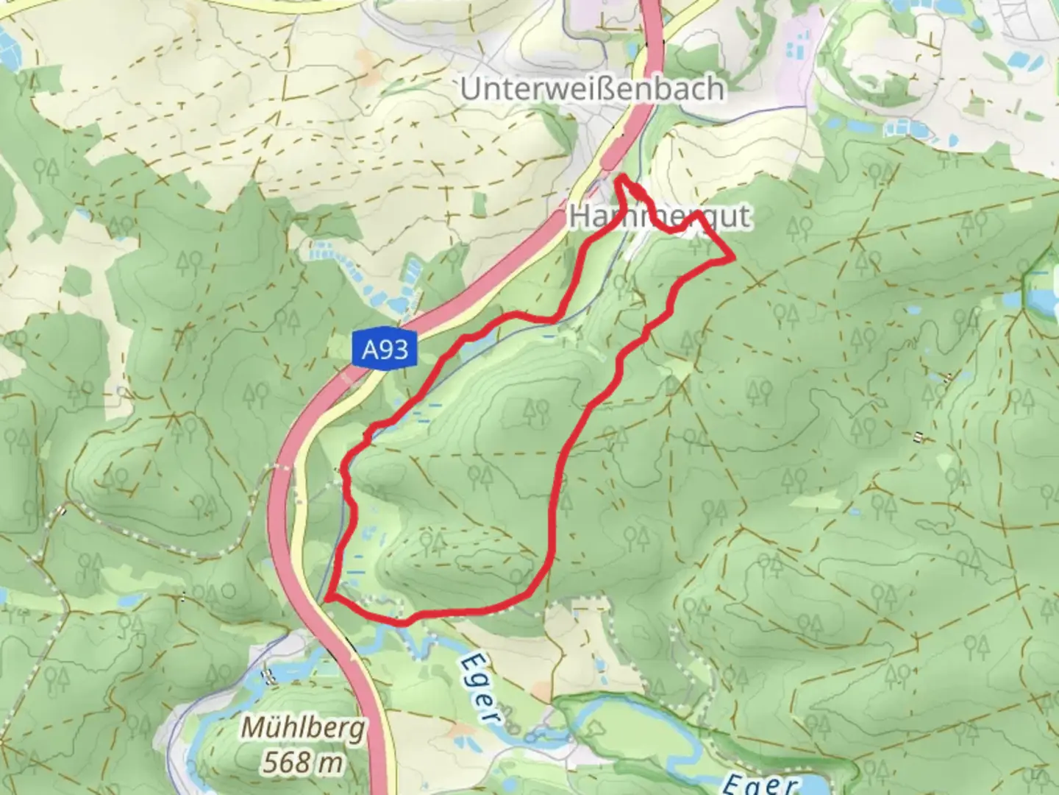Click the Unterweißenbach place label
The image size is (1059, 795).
pos(592,88)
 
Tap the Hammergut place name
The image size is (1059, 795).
pos(659,216)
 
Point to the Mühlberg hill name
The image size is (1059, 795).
pos(303,729)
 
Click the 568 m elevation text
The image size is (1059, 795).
pos(302,762)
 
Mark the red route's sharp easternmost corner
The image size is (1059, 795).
pos(733,258)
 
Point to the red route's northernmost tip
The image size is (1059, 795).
pos(621,177)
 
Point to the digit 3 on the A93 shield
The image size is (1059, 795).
pos(402,348)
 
